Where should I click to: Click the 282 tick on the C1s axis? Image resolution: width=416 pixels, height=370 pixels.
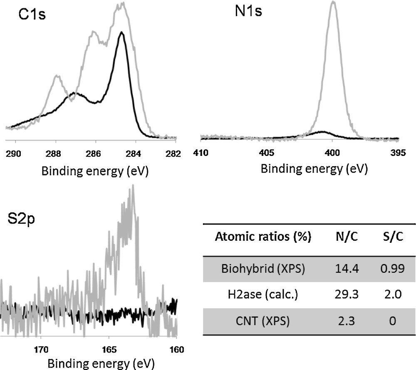point(175,153)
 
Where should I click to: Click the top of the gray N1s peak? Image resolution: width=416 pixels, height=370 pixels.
point(333,2)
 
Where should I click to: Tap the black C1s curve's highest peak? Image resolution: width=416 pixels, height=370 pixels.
point(121,32)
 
